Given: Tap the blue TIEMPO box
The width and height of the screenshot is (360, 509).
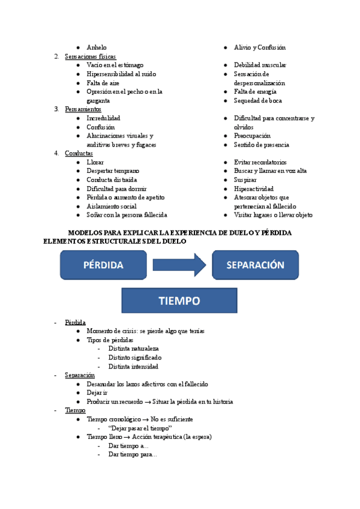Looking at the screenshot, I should point(179,300).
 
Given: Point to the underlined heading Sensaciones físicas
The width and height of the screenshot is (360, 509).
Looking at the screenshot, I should point(90,56).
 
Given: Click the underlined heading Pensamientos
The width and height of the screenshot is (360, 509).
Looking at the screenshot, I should point(83,109).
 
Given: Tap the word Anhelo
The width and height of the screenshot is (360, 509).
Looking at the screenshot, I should point(97,47).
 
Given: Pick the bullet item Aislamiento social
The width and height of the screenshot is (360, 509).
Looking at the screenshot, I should point(112,206).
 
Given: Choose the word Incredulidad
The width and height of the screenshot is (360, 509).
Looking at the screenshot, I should point(103,118).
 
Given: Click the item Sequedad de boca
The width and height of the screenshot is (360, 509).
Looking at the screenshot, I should point(257,101).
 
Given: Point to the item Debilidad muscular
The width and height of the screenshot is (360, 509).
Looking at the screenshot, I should point(260,65).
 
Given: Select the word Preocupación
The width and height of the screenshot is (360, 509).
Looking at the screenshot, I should point(252,136).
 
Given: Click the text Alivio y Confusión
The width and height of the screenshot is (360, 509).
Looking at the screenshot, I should point(259,47).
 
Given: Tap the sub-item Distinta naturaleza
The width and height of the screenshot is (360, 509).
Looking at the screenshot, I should point(133,349).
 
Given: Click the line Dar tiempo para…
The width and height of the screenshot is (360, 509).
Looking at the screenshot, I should point(133,454).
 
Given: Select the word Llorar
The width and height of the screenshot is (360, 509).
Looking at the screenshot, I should point(95,162).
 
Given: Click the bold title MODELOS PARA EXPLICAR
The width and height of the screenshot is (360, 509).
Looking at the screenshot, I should point(180,232).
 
